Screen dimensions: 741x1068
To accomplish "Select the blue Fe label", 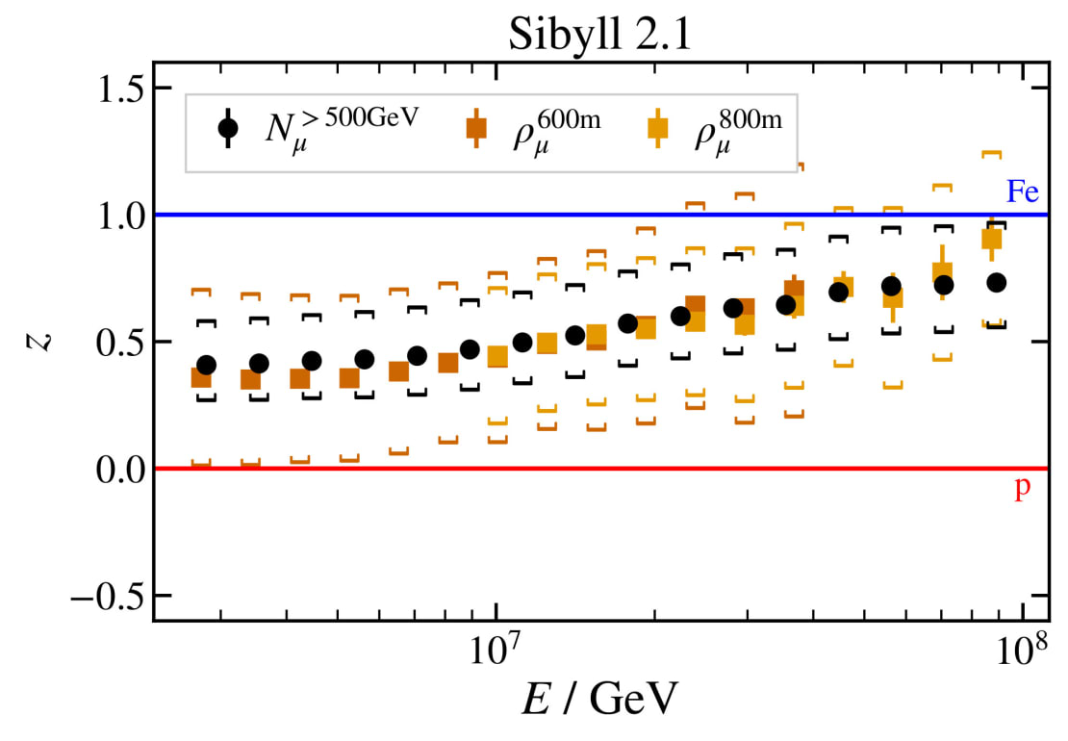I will pos(1022,192).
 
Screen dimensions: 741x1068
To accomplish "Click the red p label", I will pos(1022,489).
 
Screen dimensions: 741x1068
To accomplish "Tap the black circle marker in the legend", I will pos(228,126).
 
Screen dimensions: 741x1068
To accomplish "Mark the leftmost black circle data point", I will pos(206,365).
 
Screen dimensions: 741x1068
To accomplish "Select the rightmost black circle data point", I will pos(996,282).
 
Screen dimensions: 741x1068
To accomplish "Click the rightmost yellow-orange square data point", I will pos(992,240).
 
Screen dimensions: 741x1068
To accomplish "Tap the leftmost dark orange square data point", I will pos(201,377).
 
